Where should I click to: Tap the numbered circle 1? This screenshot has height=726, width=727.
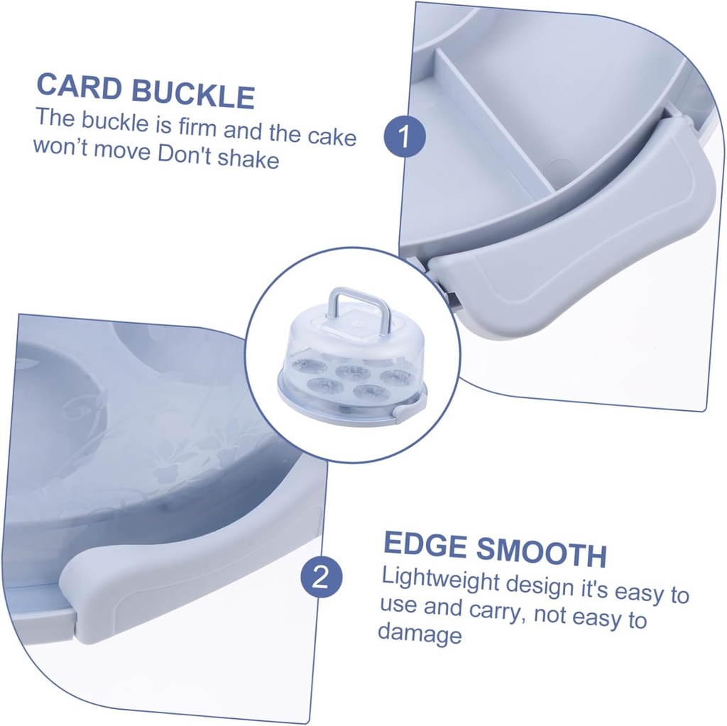click(404, 137)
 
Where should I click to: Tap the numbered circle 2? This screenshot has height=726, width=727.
click(321, 576)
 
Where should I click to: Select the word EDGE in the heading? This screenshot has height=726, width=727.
click(425, 545)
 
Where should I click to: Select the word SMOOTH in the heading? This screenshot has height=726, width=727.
click(540, 553)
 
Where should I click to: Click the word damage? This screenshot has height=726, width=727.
click(420, 632)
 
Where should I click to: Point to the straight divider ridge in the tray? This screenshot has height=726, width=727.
click(497, 121)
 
